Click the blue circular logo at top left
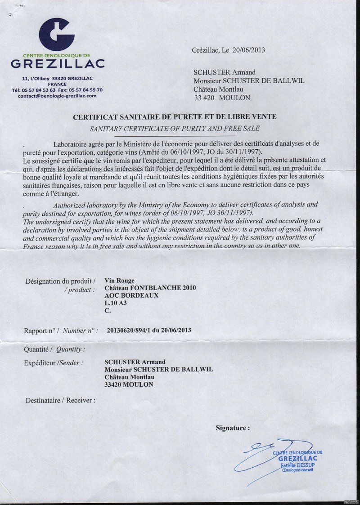click(56, 34)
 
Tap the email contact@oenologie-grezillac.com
click(57, 96)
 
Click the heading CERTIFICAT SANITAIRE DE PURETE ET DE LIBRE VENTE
click(175, 117)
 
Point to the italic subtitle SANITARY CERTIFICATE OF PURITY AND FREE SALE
click(175, 128)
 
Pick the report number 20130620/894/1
click(132, 330)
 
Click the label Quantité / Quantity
click(55, 349)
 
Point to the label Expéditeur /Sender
click(54, 362)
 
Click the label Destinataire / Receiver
click(60, 400)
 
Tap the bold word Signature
click(232, 428)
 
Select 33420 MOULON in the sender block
click(129, 385)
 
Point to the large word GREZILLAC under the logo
click(58, 63)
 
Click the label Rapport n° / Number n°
click(61, 331)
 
